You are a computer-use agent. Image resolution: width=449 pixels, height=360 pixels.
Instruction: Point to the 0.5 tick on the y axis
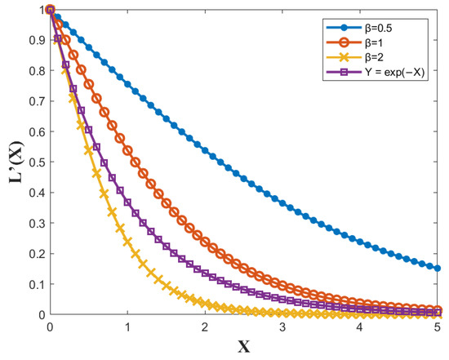(x=34, y=162)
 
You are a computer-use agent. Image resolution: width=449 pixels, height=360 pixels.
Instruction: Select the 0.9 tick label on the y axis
(x=34, y=40)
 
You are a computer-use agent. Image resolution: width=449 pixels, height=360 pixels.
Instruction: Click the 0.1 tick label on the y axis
(x=34, y=283)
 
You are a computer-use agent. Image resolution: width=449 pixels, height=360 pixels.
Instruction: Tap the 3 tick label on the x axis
(x=282, y=327)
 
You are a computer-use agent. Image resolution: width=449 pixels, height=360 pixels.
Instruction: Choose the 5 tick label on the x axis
(x=437, y=327)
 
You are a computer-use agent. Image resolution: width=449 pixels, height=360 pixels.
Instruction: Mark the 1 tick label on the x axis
(x=128, y=327)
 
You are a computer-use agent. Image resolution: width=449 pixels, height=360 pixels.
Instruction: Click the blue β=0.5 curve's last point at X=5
(x=437, y=268)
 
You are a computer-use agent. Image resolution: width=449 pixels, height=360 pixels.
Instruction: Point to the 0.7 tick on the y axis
(x=34, y=100)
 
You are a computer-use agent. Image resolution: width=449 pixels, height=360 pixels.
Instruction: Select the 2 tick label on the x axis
(x=205, y=327)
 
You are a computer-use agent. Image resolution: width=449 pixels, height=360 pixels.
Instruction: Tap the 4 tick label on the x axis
(x=360, y=327)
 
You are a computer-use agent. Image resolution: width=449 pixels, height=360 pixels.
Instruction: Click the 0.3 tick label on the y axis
(x=34, y=223)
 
